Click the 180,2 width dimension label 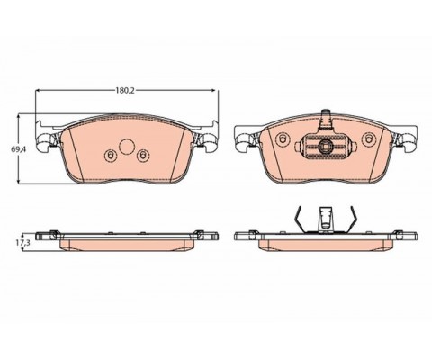125,90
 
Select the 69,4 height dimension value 17,149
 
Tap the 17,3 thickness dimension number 23,243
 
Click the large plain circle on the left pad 127,147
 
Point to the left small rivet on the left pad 110,155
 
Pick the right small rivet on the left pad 142,155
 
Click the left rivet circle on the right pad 283,139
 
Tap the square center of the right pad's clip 325,146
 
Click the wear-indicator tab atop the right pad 325,120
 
